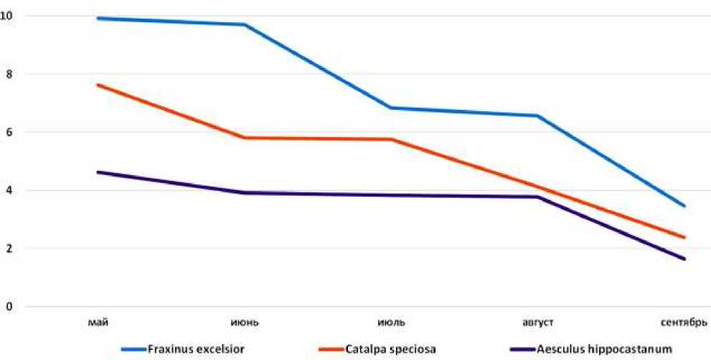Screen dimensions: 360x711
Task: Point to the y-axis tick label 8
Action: (8, 74)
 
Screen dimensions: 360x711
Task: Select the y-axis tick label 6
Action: (8, 132)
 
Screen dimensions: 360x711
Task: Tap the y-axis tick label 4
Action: (8, 190)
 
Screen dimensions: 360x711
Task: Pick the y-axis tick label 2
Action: (8, 248)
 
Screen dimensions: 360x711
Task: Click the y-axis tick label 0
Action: (8, 307)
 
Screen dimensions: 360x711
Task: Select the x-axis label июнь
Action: (245, 321)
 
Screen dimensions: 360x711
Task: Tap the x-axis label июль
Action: (391, 321)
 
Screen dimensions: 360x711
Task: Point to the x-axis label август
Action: (537, 321)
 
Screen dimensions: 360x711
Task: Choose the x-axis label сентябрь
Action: (682, 321)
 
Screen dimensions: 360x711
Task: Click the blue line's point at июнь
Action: (245, 24)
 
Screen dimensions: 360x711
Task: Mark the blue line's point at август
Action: (537, 115)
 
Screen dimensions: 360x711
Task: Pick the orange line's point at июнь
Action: (245, 138)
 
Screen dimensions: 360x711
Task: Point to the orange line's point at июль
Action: (391, 139)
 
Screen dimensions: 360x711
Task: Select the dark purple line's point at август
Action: (537, 196)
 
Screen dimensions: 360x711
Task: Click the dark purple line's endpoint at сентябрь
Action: (684, 259)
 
